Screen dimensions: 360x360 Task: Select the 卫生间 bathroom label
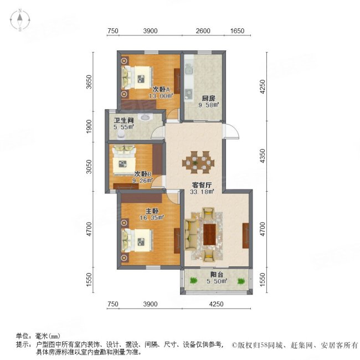coord(124,120)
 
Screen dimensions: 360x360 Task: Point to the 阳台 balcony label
coord(217,273)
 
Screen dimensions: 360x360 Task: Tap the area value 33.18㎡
coord(195,193)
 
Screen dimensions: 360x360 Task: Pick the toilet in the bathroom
coord(146,117)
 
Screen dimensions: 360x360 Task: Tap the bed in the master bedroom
coord(137,239)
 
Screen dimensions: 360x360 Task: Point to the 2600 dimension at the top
coord(203,31)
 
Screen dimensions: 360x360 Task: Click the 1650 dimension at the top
coord(237,31)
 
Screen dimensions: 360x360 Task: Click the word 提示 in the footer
coord(22,344)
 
